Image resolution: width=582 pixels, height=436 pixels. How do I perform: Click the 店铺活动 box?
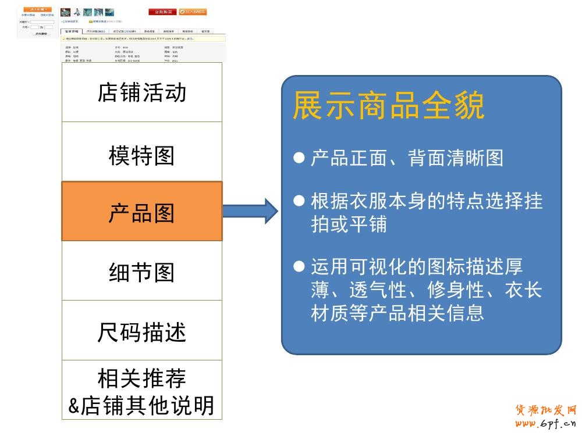(141, 92)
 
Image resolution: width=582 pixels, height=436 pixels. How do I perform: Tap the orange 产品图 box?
(141, 211)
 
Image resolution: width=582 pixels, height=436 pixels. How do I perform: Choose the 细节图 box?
(141, 271)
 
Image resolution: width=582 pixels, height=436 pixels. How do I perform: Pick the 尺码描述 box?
(141, 331)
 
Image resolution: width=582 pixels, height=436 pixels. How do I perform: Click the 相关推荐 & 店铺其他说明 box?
(141, 390)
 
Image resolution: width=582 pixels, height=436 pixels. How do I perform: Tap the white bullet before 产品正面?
(299, 158)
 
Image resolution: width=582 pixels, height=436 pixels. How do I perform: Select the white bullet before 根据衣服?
(299, 201)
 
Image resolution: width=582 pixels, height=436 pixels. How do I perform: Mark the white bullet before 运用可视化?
(299, 267)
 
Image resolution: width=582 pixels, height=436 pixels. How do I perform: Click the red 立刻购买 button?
(162, 12)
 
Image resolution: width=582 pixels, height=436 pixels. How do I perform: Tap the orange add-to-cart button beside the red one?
(192, 12)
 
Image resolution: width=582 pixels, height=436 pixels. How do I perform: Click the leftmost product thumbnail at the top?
(65, 12)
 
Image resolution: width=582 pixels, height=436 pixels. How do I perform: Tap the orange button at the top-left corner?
(37, 9)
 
